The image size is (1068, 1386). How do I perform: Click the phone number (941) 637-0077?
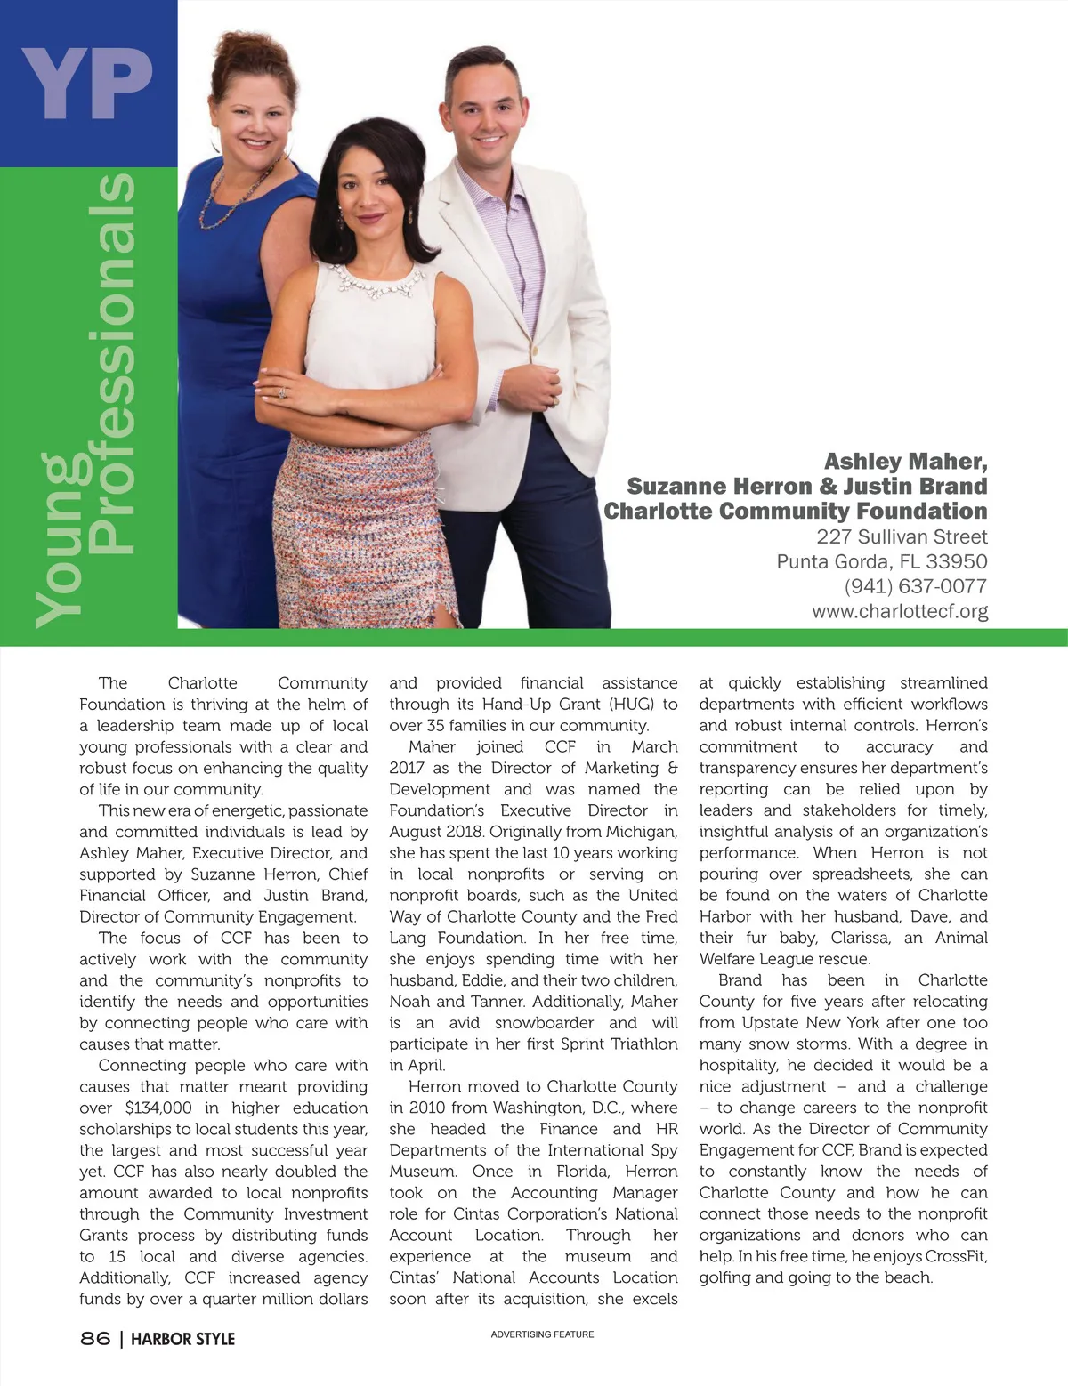coord(915,586)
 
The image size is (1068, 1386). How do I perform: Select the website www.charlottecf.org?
coord(899,611)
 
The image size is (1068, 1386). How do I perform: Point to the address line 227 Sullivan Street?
coord(902,536)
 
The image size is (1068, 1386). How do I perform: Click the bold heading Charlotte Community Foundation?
coord(795,511)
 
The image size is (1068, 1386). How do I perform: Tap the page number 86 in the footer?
coord(95,1338)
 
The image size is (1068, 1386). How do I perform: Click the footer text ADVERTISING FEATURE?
coord(542,1334)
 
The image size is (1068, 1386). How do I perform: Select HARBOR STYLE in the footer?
coord(182,1338)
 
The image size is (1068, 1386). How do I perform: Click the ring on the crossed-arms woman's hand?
coord(283,392)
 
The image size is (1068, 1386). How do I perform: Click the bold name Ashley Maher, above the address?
coord(905,461)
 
